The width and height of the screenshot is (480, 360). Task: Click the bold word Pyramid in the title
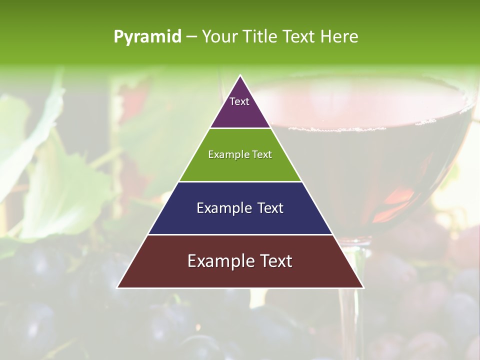click(147, 37)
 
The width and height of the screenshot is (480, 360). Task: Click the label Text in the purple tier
click(239, 101)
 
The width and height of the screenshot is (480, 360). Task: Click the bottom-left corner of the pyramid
click(117, 287)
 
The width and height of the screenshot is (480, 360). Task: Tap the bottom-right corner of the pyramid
click(363, 287)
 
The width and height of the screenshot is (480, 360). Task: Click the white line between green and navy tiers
click(240, 181)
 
